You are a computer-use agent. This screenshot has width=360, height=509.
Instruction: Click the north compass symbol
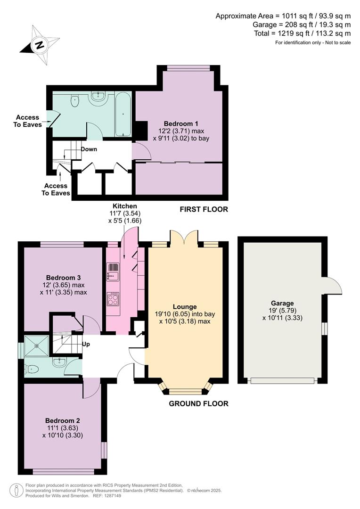pos(40,45)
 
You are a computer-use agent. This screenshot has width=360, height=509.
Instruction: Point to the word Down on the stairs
pos(89,149)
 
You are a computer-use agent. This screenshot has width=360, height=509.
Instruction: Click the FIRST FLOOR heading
pos(204,209)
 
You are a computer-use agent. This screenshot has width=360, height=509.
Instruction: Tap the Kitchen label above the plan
pos(124,206)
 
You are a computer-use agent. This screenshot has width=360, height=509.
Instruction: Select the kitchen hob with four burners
pos(113,299)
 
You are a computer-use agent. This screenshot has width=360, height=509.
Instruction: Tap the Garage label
pos(282,303)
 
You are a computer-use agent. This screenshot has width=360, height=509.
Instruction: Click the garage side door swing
pos(332,285)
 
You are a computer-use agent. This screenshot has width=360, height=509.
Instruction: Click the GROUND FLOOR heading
pos(198,404)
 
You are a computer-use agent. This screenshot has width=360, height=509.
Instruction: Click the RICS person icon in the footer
pos(16,490)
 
